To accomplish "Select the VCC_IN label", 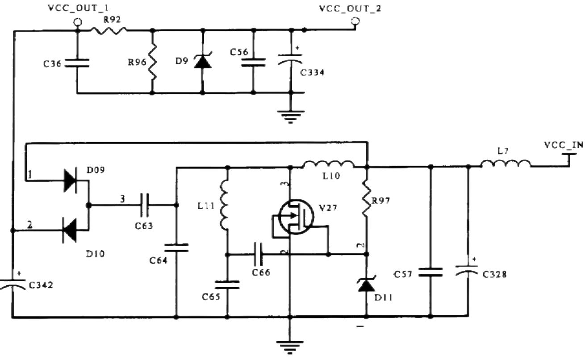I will pyautogui.click(x=563, y=145).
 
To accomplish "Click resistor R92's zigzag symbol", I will pyautogui.click(x=109, y=30).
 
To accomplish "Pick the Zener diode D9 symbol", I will pyautogui.click(x=203, y=61).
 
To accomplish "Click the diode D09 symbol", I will pyautogui.click(x=71, y=180).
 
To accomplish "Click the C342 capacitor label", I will pyautogui.click(x=41, y=285).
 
